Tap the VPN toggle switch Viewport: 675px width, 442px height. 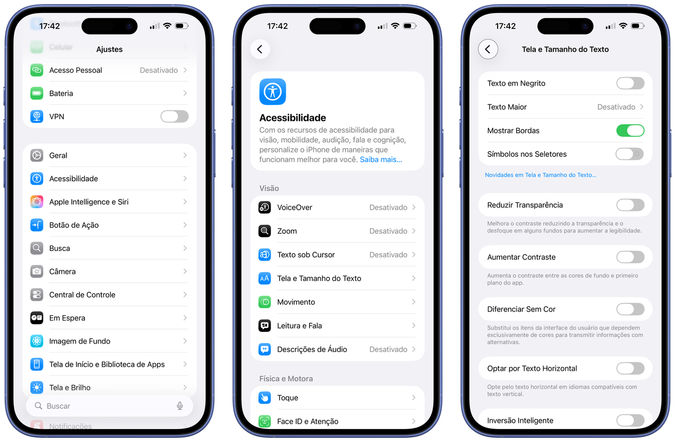click(175, 117)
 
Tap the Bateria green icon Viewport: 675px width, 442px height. click(37, 93)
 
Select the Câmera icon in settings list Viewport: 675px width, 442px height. click(37, 272)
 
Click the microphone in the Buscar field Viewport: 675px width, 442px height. click(180, 406)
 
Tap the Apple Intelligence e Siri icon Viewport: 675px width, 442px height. click(37, 202)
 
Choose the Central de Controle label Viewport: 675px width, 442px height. click(82, 295)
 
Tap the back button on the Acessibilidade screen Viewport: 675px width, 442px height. click(260, 49)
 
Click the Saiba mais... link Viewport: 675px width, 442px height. click(381, 159)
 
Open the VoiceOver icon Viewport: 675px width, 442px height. click(265, 208)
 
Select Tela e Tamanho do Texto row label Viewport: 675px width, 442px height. click(319, 278)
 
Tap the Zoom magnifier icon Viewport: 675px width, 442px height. click(265, 231)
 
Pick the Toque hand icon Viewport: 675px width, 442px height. click(265, 398)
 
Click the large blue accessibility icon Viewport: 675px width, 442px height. click(273, 92)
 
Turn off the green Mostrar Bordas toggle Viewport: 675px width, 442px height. click(631, 131)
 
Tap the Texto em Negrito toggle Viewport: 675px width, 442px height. click(631, 83)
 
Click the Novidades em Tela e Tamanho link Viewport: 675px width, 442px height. click(541, 175)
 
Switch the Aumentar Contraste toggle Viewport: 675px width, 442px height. click(631, 257)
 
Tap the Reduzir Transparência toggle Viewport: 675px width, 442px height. click(631, 205)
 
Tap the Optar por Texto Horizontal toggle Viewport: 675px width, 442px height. click(631, 369)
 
